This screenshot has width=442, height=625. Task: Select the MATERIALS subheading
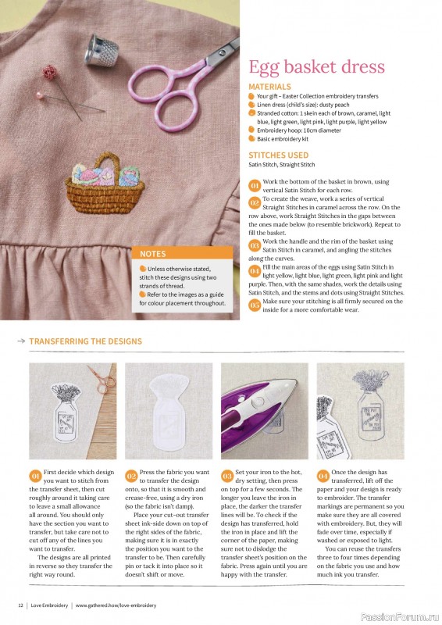click(269, 87)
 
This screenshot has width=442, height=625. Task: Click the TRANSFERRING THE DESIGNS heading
click(86, 341)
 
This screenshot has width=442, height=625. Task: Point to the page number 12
click(20, 605)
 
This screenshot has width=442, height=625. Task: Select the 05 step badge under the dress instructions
click(255, 305)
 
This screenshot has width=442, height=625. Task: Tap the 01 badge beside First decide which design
click(35, 476)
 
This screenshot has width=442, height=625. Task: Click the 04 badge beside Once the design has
click(323, 476)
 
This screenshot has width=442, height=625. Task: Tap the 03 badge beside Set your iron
click(227, 476)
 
